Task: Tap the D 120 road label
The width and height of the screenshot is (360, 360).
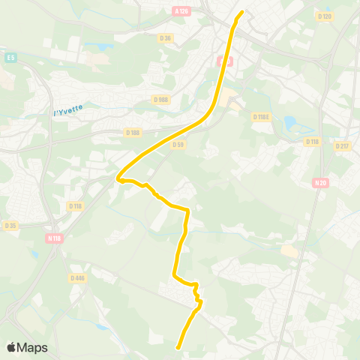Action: coord(324,16)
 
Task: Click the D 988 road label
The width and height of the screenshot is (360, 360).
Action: coord(161,99)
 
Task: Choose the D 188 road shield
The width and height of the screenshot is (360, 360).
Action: coord(133,133)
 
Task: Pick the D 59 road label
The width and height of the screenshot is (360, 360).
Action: coord(178,145)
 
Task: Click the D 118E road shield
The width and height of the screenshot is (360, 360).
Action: coord(260,117)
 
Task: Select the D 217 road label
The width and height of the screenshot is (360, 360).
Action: coord(343,146)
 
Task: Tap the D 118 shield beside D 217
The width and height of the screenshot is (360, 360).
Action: coord(313,141)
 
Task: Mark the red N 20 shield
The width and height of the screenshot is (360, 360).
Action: coord(321,182)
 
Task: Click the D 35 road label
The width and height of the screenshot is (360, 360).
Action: coord(10,225)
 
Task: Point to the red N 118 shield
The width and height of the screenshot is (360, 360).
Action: coord(53,238)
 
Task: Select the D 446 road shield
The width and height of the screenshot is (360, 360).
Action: coord(78,277)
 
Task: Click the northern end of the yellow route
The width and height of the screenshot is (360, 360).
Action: coord(242,12)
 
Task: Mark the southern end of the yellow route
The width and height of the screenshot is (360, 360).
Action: coord(178,347)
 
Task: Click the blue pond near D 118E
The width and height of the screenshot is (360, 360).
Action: coord(290,121)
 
